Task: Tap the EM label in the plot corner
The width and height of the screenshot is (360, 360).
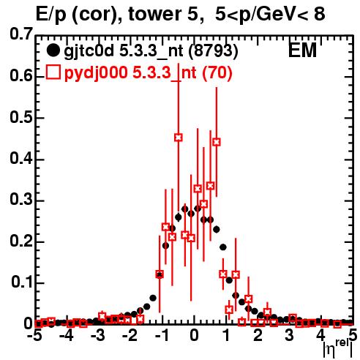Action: (x=302, y=50)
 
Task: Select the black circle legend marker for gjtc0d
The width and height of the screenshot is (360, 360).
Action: (x=53, y=50)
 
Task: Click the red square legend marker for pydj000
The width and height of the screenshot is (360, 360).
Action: (x=53, y=72)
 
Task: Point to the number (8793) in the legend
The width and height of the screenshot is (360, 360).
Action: (x=214, y=51)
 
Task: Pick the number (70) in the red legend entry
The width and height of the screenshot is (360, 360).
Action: (x=217, y=73)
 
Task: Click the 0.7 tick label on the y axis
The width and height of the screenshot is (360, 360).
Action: (x=21, y=34)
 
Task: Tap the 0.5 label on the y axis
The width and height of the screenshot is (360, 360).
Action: (x=21, y=118)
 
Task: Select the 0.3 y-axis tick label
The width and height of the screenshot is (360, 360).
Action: (x=21, y=200)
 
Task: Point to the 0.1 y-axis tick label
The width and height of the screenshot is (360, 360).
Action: (x=21, y=282)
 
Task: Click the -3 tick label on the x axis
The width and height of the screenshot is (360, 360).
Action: (x=98, y=336)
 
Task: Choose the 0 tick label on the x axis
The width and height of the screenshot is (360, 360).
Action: (x=194, y=336)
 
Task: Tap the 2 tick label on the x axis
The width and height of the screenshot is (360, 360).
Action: (x=258, y=336)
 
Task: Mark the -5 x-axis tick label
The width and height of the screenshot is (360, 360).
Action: (x=34, y=336)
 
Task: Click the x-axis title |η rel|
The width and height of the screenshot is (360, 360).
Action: (x=338, y=349)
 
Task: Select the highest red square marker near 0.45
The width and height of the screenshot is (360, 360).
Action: (x=179, y=138)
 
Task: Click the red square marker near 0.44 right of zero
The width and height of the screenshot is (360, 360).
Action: (x=217, y=142)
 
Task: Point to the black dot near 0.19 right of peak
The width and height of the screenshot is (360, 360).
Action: (x=223, y=247)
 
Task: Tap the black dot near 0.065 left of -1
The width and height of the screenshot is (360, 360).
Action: (x=153, y=298)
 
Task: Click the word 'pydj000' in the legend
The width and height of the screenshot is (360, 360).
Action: (x=96, y=73)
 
